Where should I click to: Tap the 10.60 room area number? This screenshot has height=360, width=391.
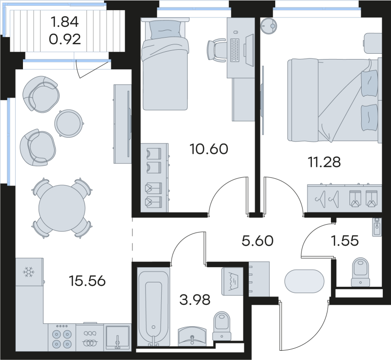[x=209, y=148]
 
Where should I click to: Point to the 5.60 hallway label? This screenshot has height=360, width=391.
[x=258, y=240]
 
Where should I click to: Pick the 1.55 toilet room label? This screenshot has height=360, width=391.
[x=345, y=240]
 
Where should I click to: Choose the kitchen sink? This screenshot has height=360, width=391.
[x=117, y=338]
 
